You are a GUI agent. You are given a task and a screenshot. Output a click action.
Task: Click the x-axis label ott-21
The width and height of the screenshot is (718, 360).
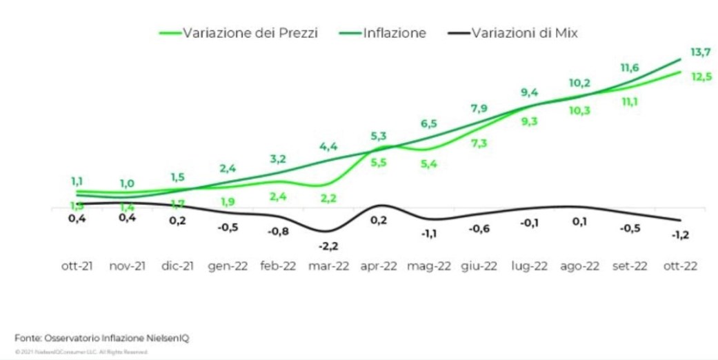(76, 267)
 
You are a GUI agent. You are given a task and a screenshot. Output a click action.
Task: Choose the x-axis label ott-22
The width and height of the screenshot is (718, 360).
(679, 267)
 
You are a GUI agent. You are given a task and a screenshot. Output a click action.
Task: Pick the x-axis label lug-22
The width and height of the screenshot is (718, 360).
(529, 267)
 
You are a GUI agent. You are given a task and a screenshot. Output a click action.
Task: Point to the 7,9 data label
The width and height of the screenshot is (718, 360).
(478, 109)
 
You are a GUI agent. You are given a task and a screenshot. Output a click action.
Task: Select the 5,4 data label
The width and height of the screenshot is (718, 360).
(428, 164)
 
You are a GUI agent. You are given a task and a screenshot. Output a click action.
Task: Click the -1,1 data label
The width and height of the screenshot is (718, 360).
(428, 234)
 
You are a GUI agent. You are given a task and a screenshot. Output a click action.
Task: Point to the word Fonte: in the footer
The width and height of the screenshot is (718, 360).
(28, 337)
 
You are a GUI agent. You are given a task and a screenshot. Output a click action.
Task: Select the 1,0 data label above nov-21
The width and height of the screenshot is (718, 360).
(127, 183)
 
